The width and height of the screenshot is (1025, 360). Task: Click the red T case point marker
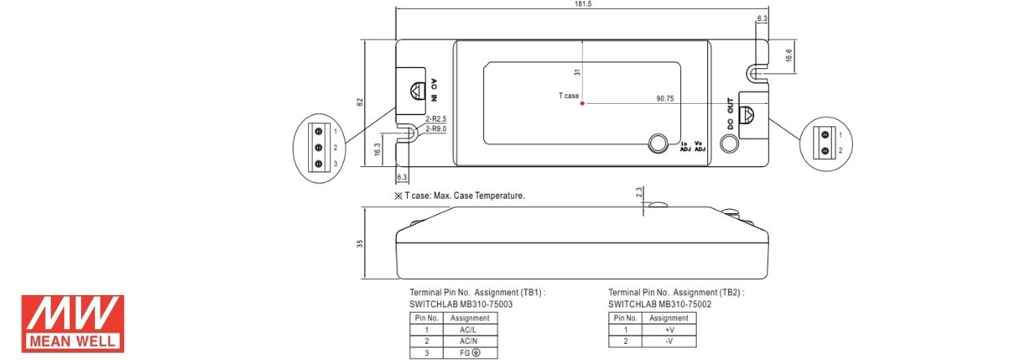582,104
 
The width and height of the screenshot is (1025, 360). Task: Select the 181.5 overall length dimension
583,4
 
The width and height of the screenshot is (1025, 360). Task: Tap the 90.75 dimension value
665,98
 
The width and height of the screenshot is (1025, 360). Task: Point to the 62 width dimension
360,102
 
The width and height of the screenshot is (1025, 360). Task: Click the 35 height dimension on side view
360,244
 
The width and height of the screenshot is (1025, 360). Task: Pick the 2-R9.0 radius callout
435,129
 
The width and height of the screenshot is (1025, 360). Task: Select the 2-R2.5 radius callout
435,119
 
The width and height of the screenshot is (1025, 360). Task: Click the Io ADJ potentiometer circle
658,144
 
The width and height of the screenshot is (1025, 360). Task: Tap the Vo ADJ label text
700,146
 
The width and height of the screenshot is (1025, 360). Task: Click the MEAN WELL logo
73,324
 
